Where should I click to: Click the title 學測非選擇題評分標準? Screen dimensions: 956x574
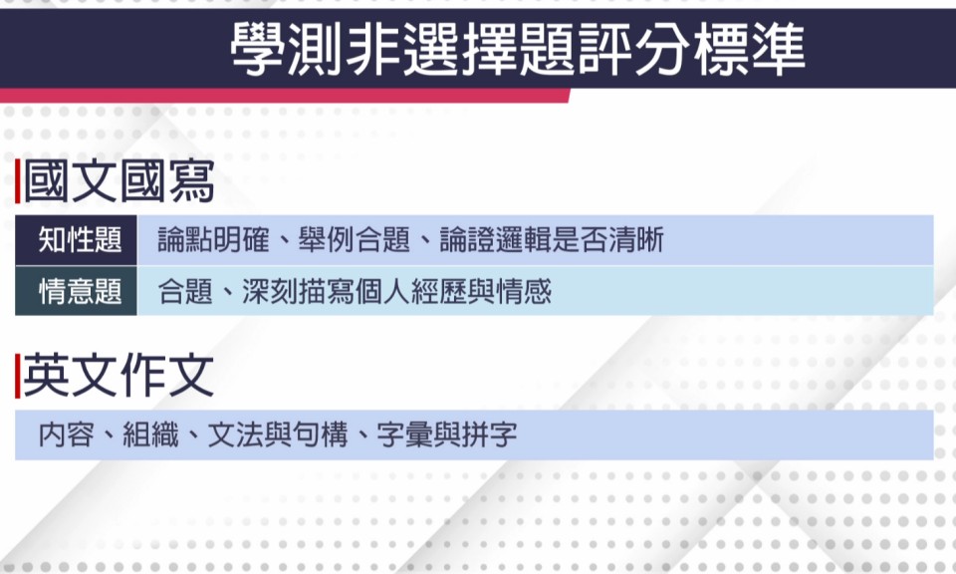[x=518, y=49]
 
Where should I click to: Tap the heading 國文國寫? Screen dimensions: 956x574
[x=119, y=181]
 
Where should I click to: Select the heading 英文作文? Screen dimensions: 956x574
[x=119, y=376]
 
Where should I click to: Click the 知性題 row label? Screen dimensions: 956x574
[x=80, y=240]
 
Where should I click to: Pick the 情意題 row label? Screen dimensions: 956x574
[x=80, y=291]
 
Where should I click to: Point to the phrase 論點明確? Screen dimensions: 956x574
[x=213, y=240]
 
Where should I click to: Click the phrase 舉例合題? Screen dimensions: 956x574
[x=355, y=240]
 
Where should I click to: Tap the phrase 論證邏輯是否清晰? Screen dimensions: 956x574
[x=552, y=240]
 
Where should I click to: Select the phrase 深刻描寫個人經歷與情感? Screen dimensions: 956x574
[x=397, y=291]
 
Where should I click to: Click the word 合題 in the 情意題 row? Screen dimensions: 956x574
[x=185, y=291]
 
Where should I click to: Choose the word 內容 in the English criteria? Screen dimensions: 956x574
[x=67, y=434]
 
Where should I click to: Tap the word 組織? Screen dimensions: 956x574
[x=150, y=434]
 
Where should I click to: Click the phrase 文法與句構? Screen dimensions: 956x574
[x=278, y=434]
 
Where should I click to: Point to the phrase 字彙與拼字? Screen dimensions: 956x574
[x=447, y=434]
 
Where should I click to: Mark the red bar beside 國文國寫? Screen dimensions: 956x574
[x=18, y=181]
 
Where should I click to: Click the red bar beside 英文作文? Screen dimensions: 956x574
[x=18, y=376]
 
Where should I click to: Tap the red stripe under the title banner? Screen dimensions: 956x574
[x=285, y=96]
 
